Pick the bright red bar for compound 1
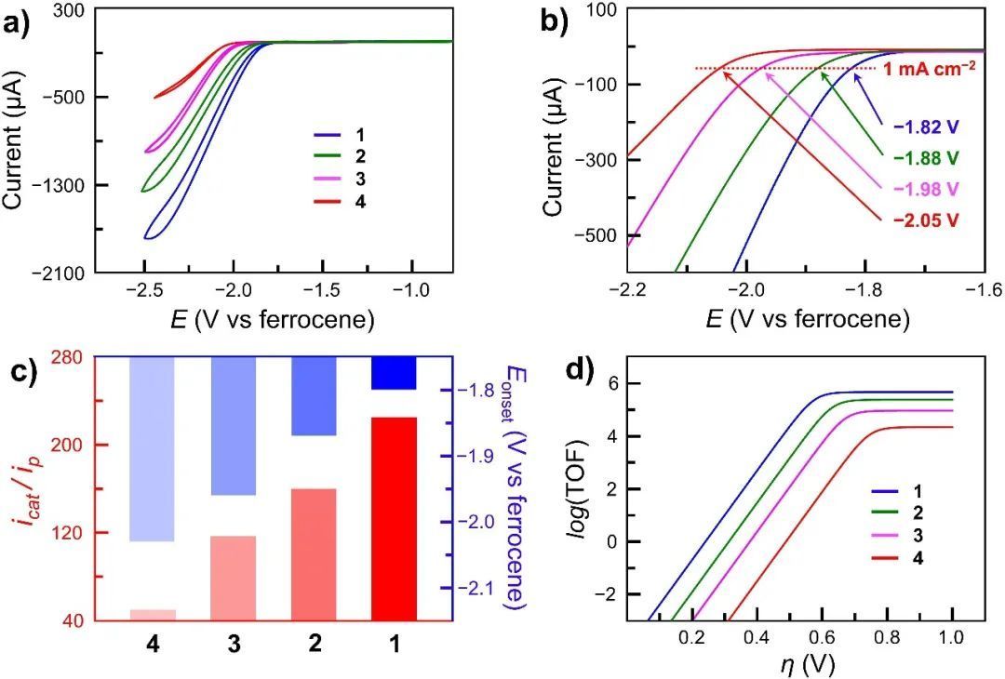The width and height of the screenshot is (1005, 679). coord(394,518)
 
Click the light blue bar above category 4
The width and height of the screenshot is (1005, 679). coord(152,448)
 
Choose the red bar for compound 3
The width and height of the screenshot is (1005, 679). coord(233,578)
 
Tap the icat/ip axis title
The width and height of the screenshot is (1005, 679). coord(27,488)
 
